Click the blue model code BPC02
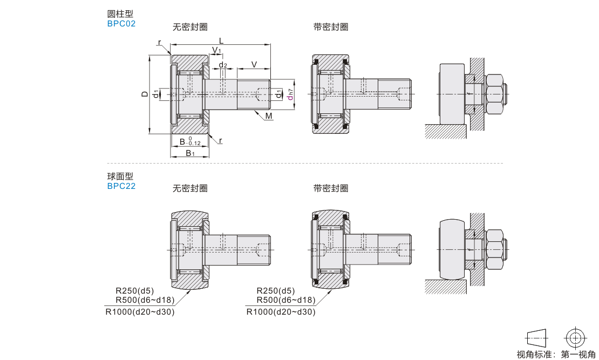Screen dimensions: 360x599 pos(121,23)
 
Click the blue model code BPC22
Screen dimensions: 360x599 pos(121,186)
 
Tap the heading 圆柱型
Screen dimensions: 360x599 pos(120,14)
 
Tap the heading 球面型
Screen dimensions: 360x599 pos(120,176)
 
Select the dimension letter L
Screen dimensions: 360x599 pos(221,41)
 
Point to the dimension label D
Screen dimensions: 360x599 pos(144,94)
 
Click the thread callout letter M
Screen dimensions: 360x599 pos(269,117)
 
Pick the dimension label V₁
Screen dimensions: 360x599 pos(216,50)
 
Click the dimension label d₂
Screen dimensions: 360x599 pos(222,65)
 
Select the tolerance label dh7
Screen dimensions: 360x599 pos(290,94)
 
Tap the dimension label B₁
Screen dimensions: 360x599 pos(190,153)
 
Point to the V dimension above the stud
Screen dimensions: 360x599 pos(254,65)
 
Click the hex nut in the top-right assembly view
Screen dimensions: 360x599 pos(495,94)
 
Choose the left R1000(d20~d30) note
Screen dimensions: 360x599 pos(140,311)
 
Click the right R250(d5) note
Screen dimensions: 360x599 pos(276,290)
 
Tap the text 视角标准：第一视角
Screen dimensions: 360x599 pos(555,354)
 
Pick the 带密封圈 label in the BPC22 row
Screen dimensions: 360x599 pos(331,188)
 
